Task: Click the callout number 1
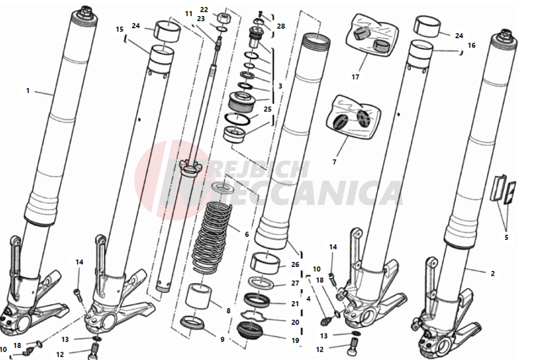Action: (x=28, y=91)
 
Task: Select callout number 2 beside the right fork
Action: (x=493, y=274)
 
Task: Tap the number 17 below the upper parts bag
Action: (x=355, y=77)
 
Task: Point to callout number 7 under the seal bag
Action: (x=334, y=162)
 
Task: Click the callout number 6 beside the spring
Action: (x=247, y=234)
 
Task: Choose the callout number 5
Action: (x=506, y=237)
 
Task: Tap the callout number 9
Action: (x=222, y=340)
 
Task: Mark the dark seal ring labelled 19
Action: (x=250, y=331)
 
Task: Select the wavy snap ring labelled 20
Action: (x=254, y=316)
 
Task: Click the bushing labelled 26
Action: (x=266, y=264)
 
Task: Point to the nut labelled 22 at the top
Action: (x=223, y=17)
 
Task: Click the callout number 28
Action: (x=281, y=27)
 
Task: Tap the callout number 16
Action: (x=472, y=45)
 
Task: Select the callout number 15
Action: (x=119, y=29)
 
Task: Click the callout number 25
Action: (x=268, y=109)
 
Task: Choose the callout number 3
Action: (x=280, y=86)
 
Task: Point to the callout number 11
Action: (x=189, y=14)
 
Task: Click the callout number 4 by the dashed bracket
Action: (x=308, y=299)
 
